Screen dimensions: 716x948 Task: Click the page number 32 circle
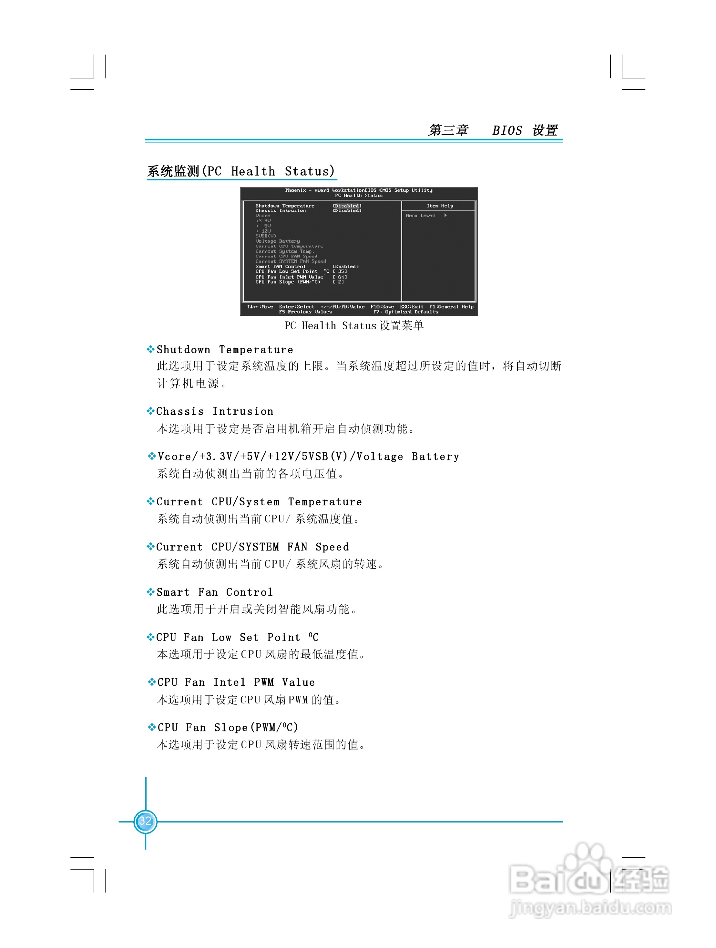145,822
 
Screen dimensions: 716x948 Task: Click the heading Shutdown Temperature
225,350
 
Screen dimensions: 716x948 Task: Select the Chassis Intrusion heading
215,411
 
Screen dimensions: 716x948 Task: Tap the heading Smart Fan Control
214,592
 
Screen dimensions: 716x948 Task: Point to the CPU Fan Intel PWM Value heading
236,682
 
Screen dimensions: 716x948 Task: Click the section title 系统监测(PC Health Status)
241,171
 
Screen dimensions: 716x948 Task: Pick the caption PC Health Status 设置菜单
354,326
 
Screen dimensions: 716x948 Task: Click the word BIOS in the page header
507,130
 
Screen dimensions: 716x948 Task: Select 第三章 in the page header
448,130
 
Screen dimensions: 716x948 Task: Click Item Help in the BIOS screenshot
440,206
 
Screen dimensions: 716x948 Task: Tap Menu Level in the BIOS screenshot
421,216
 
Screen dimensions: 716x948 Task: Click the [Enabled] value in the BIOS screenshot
345,267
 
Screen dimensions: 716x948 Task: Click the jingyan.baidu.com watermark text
591,907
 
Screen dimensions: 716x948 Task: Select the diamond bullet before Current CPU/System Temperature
150,501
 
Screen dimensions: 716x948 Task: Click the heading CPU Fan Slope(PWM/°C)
228,727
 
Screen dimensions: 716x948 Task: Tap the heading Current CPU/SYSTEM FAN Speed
252,547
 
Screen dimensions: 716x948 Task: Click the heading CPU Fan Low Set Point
237,637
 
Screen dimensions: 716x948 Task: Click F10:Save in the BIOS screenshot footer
382,307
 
